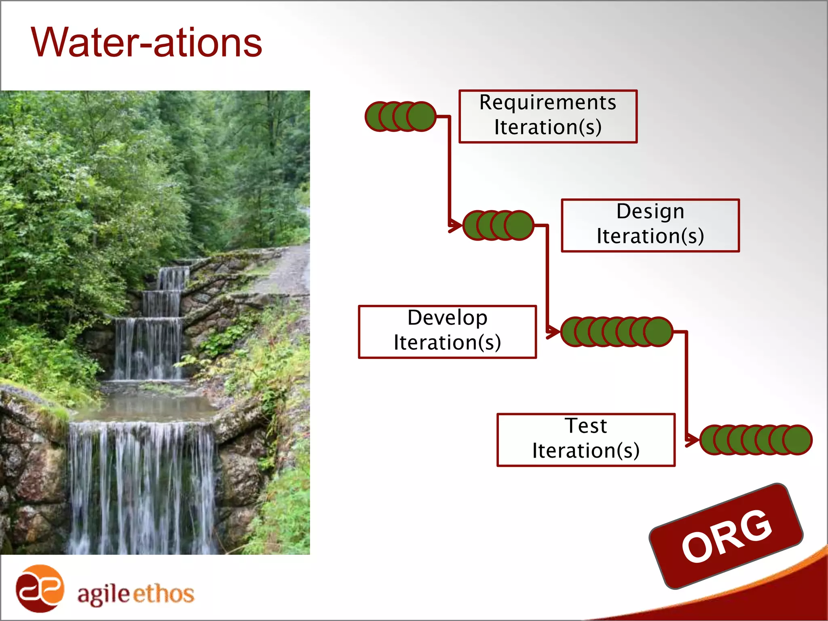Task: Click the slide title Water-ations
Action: (x=146, y=42)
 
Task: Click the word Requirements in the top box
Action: (x=547, y=102)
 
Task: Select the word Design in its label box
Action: (x=650, y=211)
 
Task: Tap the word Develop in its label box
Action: (x=447, y=318)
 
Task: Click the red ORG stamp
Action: (x=726, y=536)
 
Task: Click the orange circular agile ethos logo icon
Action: (x=40, y=588)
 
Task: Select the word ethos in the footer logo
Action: (x=163, y=594)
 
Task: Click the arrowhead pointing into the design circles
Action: (x=456, y=226)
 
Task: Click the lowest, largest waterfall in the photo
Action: (x=142, y=485)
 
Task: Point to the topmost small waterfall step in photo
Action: (x=173, y=278)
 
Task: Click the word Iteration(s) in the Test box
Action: (x=586, y=451)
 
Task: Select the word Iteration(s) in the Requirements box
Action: (x=547, y=127)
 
